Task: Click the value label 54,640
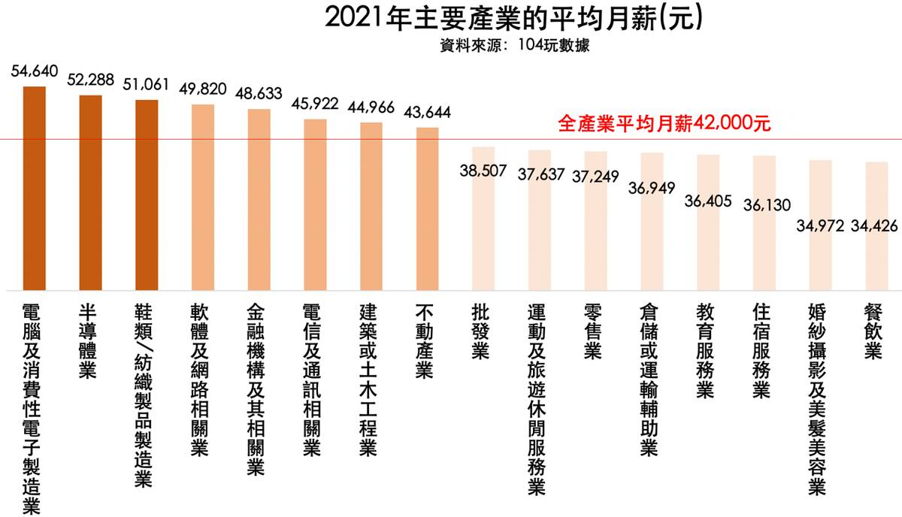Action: point(35,71)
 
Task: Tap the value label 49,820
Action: point(203,89)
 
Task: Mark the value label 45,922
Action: point(315,104)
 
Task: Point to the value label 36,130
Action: point(764,204)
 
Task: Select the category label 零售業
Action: point(595,331)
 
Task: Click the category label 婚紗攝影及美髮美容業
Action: point(819,399)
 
